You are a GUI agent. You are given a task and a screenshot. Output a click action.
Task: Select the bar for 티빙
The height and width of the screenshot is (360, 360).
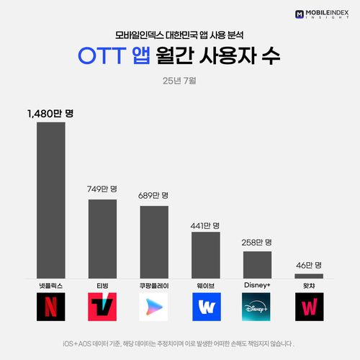(102, 238)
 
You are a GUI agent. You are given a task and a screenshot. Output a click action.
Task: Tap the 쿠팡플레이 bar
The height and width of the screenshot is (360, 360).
(154, 242)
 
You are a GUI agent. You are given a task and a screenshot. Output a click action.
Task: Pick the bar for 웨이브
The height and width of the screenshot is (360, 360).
(206, 255)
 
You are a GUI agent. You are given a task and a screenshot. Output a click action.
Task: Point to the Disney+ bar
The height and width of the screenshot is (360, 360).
(257, 264)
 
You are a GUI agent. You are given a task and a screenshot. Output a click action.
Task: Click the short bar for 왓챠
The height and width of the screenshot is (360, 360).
(309, 276)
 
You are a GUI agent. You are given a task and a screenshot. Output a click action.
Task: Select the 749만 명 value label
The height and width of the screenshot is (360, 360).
(102, 189)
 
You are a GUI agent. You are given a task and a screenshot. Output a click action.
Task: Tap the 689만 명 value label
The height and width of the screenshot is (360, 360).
(153, 195)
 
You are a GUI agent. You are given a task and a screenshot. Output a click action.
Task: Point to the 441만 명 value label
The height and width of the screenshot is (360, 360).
(205, 225)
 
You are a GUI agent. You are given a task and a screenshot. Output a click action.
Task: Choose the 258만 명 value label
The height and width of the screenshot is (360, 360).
(257, 242)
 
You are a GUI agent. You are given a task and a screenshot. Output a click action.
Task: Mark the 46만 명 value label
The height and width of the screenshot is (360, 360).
(309, 265)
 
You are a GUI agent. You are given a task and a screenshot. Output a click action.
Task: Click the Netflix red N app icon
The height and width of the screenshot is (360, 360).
(51, 307)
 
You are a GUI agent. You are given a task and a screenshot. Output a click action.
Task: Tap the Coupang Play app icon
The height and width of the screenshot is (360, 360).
(154, 307)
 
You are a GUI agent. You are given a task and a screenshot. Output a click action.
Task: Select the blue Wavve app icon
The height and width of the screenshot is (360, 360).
(206, 307)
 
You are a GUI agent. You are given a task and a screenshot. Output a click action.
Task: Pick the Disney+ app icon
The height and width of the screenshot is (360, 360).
(257, 307)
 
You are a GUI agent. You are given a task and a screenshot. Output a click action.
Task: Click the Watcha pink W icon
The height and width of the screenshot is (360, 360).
(309, 307)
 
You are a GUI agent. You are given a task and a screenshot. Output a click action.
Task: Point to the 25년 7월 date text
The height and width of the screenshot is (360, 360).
(180, 80)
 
